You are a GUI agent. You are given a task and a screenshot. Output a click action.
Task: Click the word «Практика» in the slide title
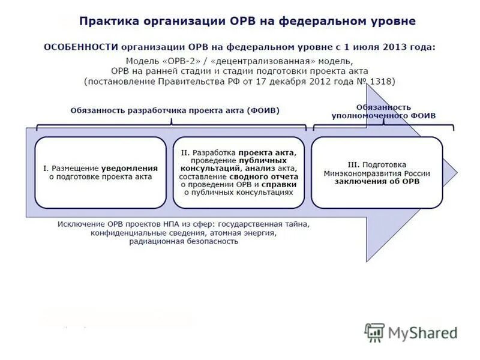(107, 22)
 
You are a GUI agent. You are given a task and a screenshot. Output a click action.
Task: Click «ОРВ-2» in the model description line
(175, 61)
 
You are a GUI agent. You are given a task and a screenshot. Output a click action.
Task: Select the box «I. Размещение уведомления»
(100, 172)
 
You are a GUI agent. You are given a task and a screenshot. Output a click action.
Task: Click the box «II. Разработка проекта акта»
(239, 172)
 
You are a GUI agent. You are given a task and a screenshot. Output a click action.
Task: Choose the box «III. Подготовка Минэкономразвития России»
(377, 172)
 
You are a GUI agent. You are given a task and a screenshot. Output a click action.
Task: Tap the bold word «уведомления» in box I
(129, 169)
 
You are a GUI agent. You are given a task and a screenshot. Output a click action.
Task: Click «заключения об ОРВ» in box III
(377, 181)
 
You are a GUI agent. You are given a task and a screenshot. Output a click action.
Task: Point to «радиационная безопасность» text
(183, 241)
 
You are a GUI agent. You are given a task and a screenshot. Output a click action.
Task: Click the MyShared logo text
(422, 332)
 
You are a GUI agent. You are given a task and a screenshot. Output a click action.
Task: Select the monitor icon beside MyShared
(375, 332)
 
